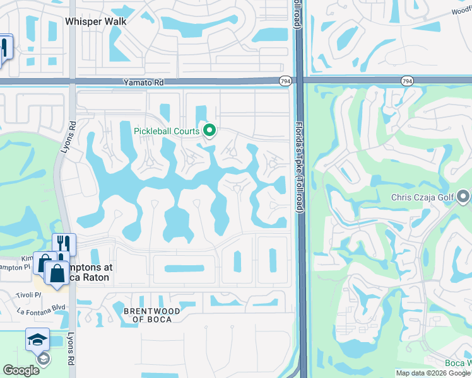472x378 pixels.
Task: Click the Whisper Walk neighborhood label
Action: click(96, 21)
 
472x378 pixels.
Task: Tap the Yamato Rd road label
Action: click(143, 82)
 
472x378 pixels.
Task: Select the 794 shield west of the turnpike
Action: click(285, 81)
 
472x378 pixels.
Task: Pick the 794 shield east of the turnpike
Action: click(406, 81)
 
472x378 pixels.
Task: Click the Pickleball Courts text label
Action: click(167, 131)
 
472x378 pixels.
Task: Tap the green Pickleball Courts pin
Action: click(210, 131)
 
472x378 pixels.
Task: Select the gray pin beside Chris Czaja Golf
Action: click(464, 198)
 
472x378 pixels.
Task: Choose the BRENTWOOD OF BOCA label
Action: click(151, 315)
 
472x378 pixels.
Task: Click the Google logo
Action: click(21, 370)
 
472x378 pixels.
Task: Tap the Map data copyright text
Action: click(433, 373)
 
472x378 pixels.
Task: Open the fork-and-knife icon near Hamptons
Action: click(64, 243)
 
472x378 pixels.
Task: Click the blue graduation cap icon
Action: click(37, 339)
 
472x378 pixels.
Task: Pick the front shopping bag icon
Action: click(57, 273)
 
